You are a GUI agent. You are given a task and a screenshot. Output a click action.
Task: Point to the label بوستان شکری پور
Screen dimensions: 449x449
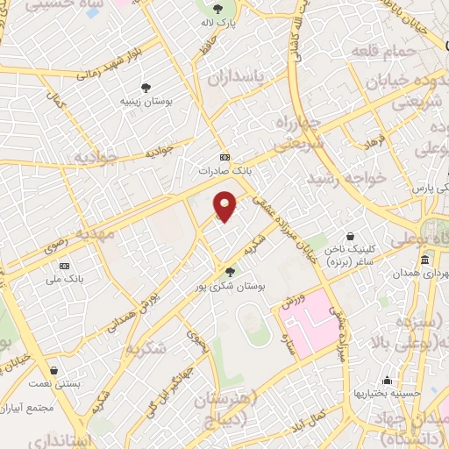click(x=232, y=285)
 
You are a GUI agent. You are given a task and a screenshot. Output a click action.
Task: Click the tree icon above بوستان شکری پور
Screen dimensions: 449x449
click(x=231, y=271)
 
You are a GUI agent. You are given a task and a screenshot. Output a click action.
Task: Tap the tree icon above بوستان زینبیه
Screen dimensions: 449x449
click(x=146, y=88)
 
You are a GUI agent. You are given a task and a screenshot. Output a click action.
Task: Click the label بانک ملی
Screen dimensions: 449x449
click(x=64, y=279)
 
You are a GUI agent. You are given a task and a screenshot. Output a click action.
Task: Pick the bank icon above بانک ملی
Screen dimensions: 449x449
click(x=64, y=266)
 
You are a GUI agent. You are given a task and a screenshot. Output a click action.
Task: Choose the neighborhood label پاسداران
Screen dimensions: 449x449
click(x=235, y=79)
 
